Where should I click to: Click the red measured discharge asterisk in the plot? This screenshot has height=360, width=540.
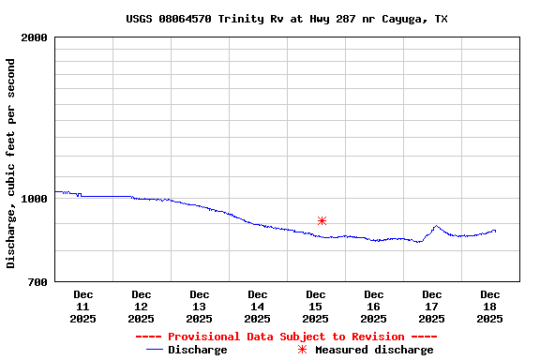click(322, 220)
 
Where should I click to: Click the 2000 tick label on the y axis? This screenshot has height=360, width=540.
click(35, 38)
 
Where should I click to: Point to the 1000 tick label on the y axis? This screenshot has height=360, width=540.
click(35, 199)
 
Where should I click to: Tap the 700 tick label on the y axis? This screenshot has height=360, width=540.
click(37, 282)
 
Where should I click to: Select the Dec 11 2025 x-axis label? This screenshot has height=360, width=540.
click(82, 307)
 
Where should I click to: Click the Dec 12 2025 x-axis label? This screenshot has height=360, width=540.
click(142, 307)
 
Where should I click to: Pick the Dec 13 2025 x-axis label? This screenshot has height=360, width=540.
click(200, 307)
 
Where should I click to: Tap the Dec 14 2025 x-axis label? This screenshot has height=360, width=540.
click(257, 307)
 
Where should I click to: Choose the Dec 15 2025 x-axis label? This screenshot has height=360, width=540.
click(316, 307)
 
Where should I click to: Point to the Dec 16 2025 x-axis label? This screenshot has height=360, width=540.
click(373, 307)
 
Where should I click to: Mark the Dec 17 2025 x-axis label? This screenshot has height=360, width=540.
click(431, 307)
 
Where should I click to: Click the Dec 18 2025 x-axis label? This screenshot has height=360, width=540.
click(489, 307)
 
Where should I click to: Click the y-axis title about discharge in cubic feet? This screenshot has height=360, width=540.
click(11, 163)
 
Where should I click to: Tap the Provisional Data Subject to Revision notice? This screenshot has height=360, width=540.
click(286, 337)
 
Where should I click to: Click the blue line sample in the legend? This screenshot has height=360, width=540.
click(156, 350)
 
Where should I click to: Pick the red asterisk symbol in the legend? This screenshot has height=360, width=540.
click(302, 350)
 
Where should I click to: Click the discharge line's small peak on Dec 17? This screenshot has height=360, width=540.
click(436, 226)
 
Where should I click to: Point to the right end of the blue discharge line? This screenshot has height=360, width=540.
click(495, 231)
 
